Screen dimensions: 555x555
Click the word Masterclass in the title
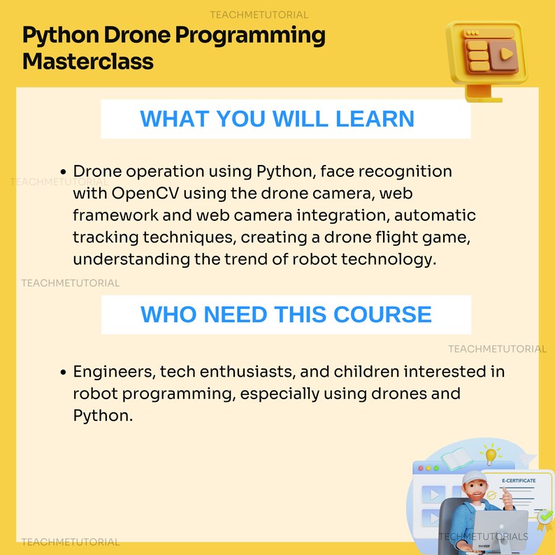point(88,62)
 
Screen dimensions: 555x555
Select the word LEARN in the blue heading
point(375,118)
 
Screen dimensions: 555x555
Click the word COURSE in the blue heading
point(382,314)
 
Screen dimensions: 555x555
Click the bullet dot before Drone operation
point(64,172)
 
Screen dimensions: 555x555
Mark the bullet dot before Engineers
point(64,373)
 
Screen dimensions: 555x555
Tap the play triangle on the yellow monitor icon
point(505,53)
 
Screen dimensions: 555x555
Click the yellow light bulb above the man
point(491,455)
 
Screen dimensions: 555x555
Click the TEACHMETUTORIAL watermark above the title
point(259,15)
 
